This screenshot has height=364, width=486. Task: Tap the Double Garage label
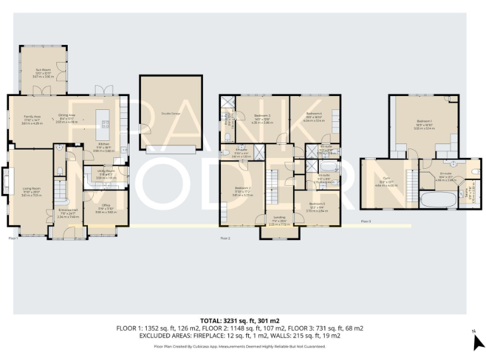coord(171,112)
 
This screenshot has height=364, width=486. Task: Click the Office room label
coord(103,207)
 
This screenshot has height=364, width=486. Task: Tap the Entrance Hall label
coord(68,210)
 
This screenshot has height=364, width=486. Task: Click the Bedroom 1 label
coord(425,121)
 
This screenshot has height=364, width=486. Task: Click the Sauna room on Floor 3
coord(469,190)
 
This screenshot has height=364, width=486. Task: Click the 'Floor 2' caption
coord(225,238)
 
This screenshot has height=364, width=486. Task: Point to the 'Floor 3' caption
coord(366,221)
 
